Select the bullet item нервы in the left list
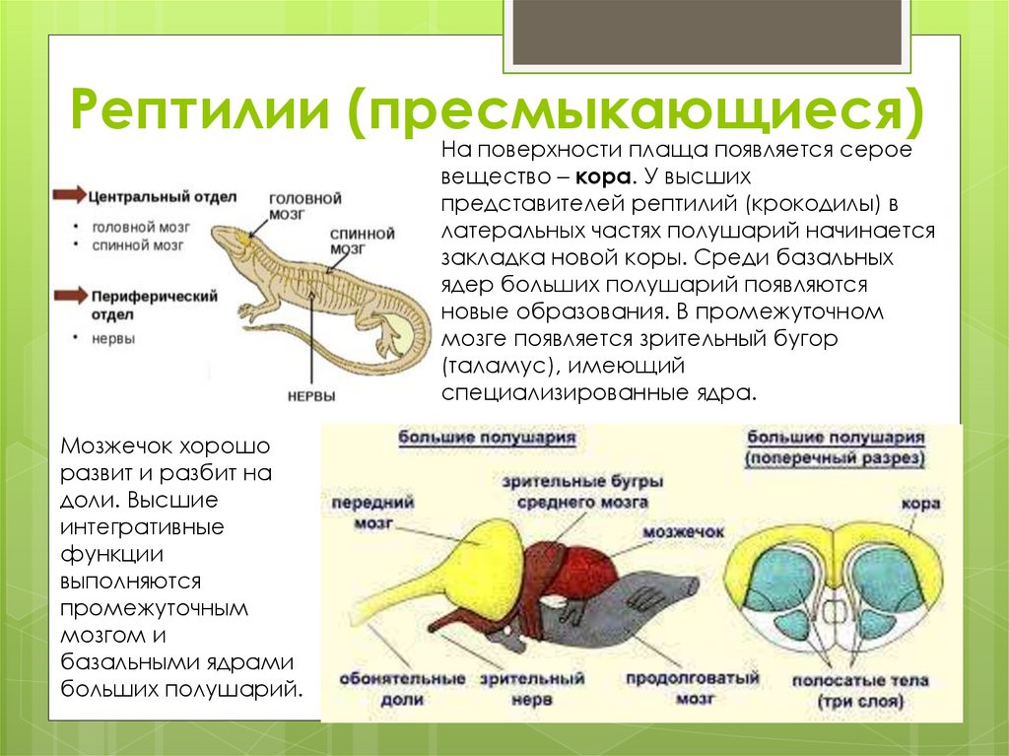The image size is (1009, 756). [x=113, y=338]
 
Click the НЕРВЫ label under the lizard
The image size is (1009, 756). [x=311, y=395]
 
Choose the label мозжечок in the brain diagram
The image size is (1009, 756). [x=684, y=531]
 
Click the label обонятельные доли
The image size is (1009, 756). [x=402, y=689]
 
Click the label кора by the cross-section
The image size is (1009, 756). [x=918, y=504]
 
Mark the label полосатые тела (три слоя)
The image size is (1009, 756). [x=860, y=691]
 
